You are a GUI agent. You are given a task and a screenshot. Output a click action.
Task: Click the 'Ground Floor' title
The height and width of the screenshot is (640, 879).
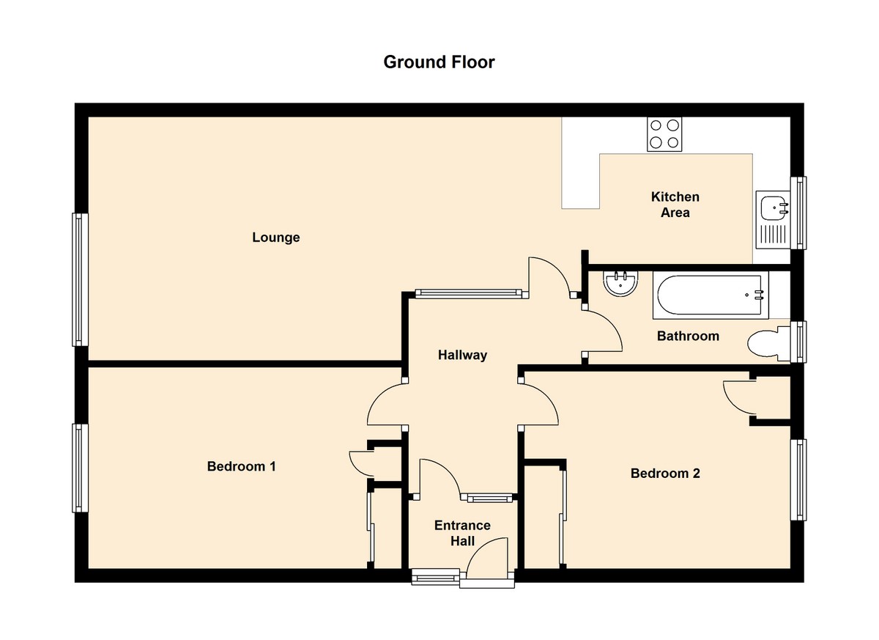439,62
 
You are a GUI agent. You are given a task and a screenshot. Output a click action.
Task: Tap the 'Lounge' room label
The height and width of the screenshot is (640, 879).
276,238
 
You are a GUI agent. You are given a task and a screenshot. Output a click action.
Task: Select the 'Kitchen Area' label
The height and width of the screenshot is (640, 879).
675,205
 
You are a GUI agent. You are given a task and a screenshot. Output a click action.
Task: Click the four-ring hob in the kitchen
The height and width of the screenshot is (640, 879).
664,134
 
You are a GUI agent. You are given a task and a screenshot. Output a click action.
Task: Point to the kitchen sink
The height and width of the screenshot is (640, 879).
774,208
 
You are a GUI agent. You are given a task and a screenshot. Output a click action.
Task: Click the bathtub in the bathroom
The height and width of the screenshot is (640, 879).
711,296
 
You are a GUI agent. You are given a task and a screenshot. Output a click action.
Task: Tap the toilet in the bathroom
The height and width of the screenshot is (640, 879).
769,343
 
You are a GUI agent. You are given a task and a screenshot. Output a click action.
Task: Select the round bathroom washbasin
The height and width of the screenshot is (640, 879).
621,282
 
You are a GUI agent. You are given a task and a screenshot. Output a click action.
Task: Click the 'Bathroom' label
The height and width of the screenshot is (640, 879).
688,336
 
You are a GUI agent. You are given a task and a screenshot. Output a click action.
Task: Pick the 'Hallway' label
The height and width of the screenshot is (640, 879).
462,356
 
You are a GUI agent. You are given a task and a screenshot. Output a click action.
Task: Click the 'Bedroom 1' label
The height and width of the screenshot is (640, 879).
241,466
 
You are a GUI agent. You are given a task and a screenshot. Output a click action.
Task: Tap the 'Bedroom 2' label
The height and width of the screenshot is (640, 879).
665,474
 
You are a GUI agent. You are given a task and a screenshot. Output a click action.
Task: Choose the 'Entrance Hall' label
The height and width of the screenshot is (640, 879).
462,533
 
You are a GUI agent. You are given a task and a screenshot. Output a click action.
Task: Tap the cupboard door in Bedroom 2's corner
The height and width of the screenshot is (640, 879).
737,396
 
